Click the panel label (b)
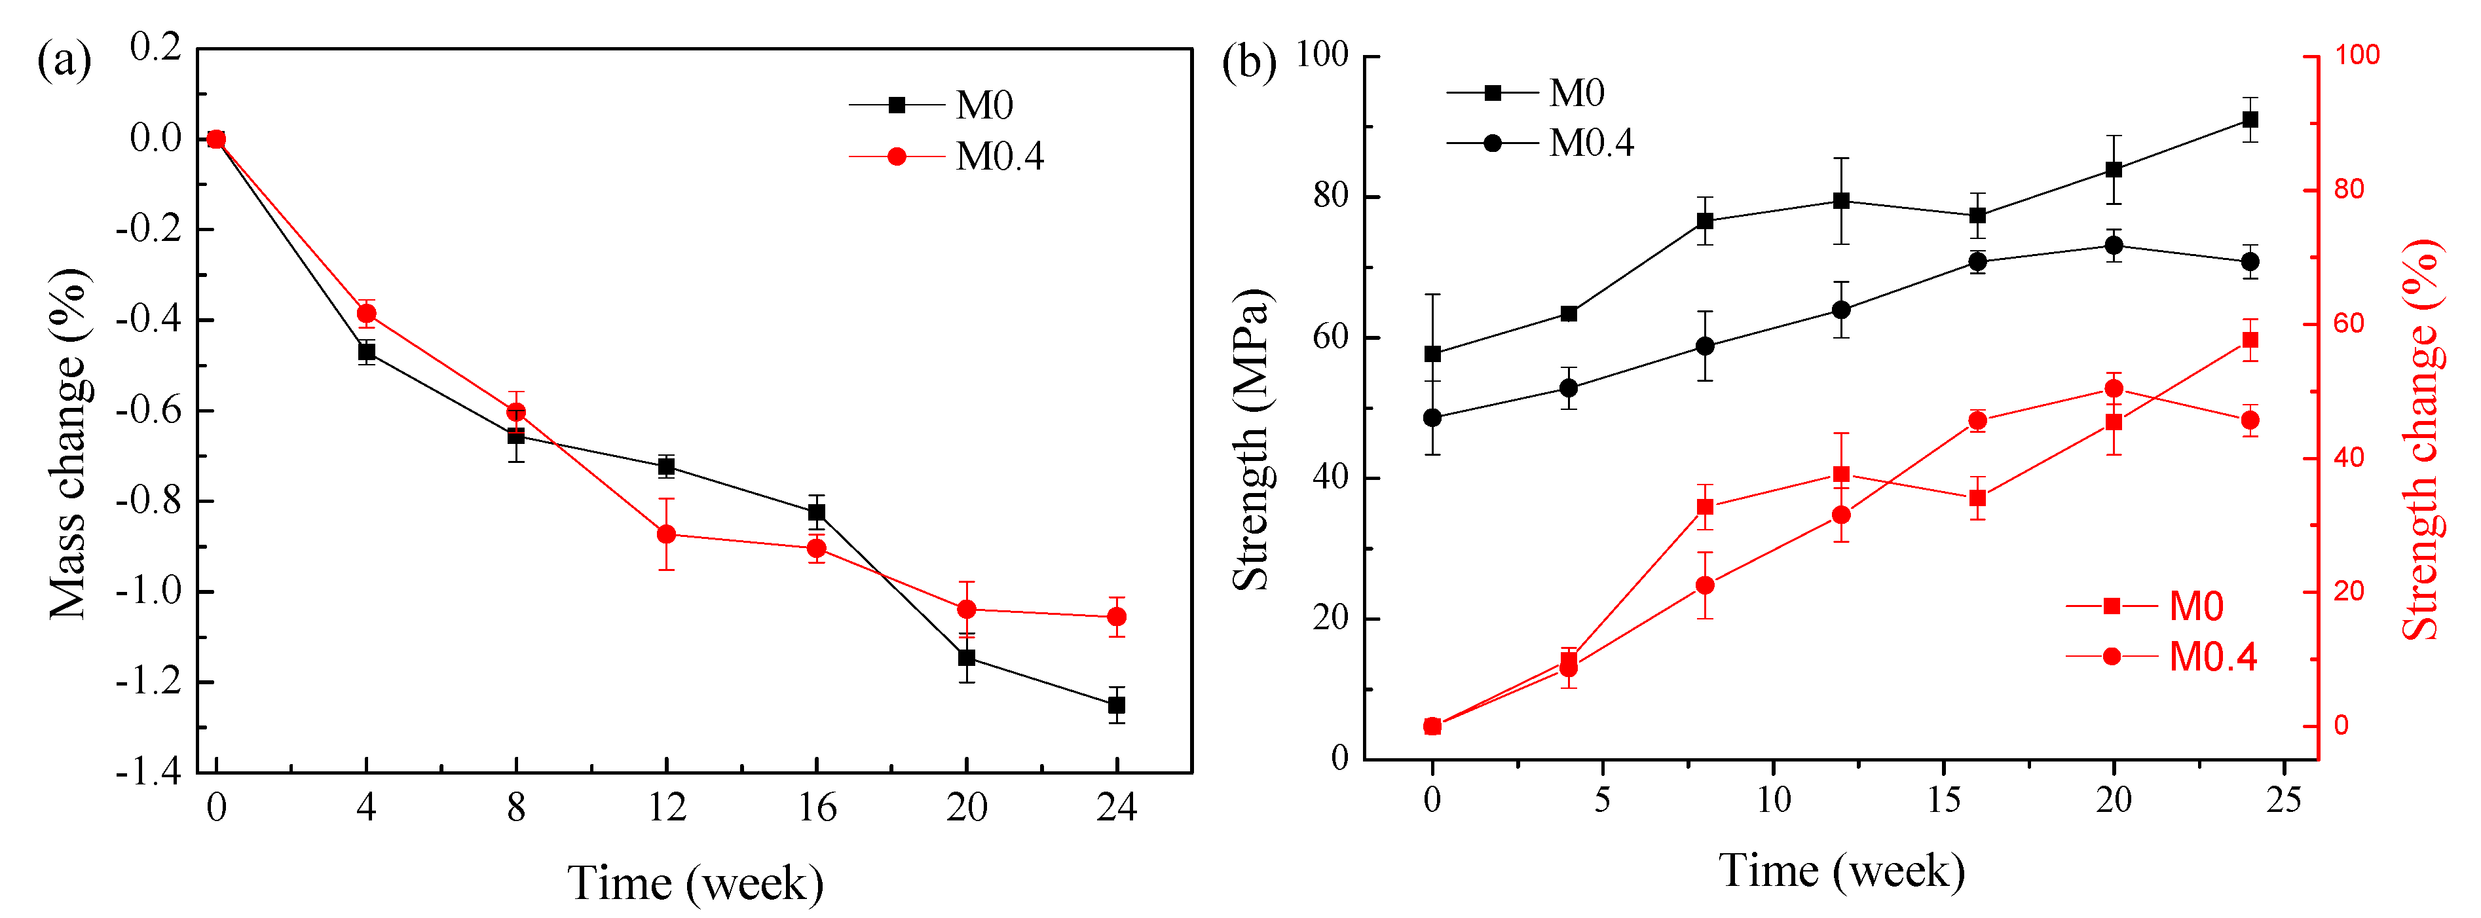(1248, 63)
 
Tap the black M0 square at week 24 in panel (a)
(1116, 705)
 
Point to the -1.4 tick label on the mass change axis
(149, 773)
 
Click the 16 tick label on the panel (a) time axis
(817, 808)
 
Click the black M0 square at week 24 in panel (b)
(2250, 119)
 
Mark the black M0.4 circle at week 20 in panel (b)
(2114, 246)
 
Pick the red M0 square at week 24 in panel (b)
(2250, 340)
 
